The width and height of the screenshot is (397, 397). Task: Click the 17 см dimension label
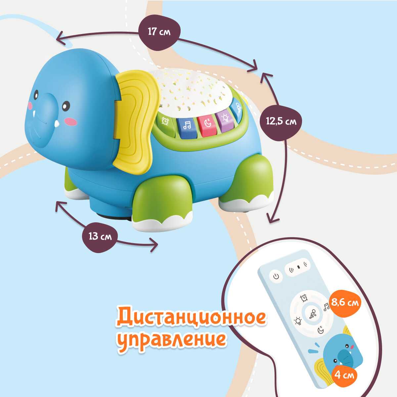tap(159, 32)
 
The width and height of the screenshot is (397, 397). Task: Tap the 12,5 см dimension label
tap(281, 121)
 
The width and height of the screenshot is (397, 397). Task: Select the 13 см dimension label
tap(99, 236)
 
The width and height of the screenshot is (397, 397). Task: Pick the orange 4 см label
tap(344, 375)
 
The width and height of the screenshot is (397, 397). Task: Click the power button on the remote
tap(276, 276)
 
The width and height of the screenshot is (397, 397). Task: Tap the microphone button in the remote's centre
tap(312, 313)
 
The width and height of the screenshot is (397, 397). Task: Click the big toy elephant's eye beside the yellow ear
tap(66, 106)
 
